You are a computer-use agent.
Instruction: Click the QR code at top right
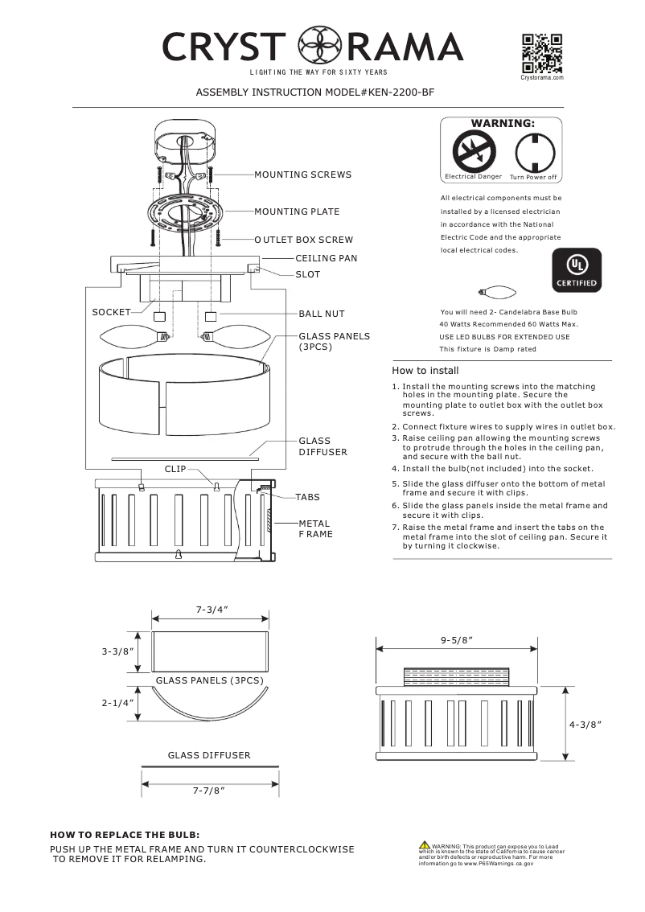coord(541,53)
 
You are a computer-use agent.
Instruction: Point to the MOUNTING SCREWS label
coord(302,175)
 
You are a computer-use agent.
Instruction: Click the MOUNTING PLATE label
coord(297,212)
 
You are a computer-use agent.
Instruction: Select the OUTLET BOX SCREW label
coord(303,240)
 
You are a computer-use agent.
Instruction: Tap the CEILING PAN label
coord(326,258)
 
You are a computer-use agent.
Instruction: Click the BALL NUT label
coord(322,314)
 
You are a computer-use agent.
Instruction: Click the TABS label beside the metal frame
coord(307,497)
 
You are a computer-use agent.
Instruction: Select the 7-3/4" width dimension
coord(212,610)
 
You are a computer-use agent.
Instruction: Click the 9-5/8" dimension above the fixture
coord(456,639)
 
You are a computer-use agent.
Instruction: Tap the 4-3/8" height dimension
coord(585,724)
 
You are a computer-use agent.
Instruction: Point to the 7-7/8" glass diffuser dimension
coord(208,791)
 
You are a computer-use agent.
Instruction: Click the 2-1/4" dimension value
coord(117,702)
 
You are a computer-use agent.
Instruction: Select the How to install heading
coord(425,371)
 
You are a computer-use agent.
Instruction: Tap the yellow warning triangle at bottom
coord(424,844)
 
